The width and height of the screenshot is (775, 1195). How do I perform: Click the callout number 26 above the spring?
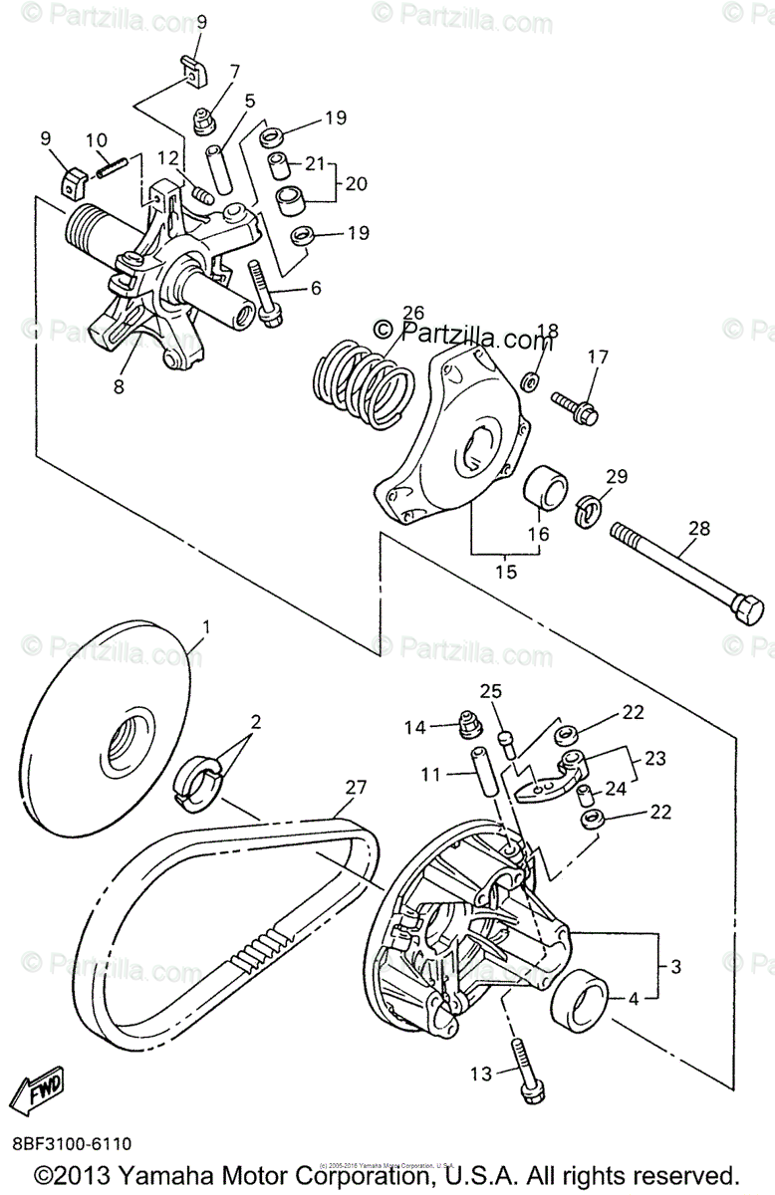click(x=411, y=313)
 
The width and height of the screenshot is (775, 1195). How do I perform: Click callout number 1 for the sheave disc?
click(x=206, y=626)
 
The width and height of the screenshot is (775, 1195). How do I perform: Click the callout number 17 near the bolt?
click(x=597, y=358)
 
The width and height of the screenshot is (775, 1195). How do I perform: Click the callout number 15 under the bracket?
click(x=506, y=572)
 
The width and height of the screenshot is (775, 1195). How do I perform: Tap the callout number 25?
click(x=491, y=691)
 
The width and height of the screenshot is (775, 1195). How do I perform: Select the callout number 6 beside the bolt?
click(x=316, y=288)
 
